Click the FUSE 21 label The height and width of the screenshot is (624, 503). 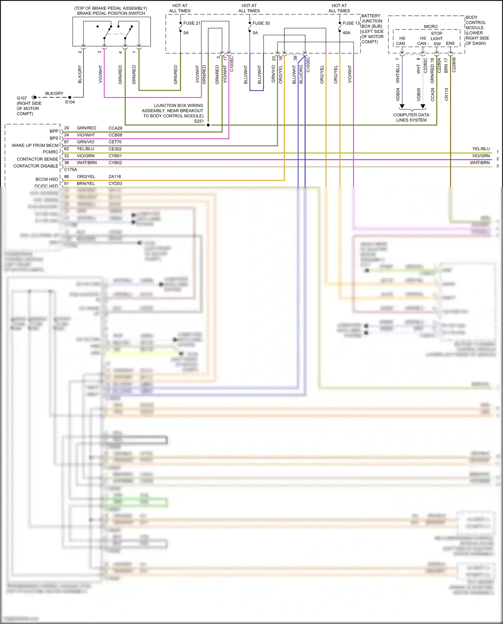191,23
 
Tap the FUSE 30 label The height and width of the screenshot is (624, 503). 261,23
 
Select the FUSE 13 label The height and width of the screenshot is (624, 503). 351,23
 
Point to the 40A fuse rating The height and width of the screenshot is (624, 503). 346,33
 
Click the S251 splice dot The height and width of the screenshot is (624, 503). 208,125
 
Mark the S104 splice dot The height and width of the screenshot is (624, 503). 70,97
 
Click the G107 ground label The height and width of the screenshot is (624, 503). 22,98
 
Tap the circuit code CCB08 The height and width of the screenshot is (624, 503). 115,135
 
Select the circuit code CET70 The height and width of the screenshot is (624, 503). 115,142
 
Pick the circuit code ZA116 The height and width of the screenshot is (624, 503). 115,177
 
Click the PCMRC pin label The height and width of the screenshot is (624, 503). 51,152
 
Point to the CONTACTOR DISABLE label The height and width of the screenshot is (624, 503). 36,166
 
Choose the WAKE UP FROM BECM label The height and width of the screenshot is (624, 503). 35,146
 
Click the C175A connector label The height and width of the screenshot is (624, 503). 70,170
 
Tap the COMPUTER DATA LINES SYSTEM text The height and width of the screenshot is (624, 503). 411,117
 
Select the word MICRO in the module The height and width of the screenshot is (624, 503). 431,26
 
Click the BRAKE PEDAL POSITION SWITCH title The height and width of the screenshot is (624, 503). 111,13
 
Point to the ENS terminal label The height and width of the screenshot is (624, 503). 450,43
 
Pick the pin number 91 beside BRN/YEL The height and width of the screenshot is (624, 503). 66,183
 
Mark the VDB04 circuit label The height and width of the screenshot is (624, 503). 398,95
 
